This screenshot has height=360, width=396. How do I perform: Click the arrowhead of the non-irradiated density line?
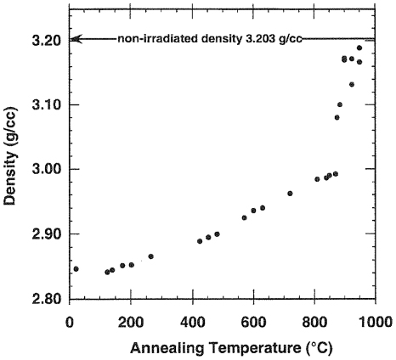pos(75,38)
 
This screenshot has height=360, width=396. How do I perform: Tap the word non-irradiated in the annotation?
pos(168,38)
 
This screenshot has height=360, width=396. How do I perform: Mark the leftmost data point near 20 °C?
pos(76,268)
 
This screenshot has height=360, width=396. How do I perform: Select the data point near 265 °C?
pos(150,256)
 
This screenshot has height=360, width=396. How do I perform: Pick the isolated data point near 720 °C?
pos(290,193)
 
